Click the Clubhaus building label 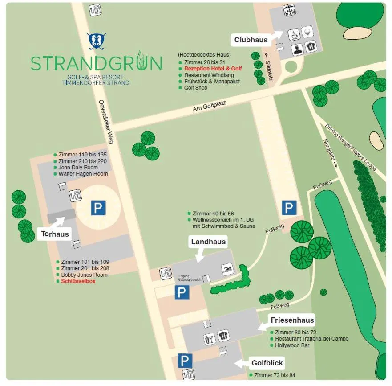click(251, 40)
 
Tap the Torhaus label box click(55, 234)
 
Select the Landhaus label click(208, 242)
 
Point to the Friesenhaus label click(292, 320)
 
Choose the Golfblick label click(267, 363)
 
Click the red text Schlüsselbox click(78, 281)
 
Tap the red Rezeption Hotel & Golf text click(213, 69)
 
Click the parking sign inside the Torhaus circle click(98, 208)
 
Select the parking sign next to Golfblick click(185, 361)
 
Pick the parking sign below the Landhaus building click(181, 292)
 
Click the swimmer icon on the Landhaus click(228, 270)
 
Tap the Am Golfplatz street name click(210, 106)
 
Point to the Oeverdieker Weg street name click(106, 122)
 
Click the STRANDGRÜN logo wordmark click(97, 63)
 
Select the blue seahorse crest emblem click(97, 41)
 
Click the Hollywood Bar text click(292, 345)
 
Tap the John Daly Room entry click(78, 168)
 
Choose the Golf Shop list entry click(196, 88)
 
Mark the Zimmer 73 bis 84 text click(275, 375)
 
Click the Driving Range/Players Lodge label click(351, 147)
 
